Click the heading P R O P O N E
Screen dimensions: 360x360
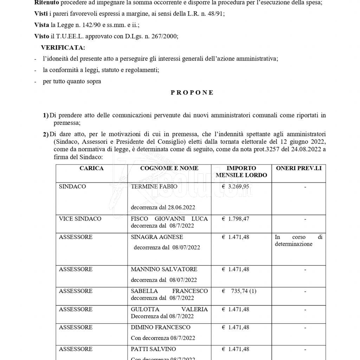coord(192,93)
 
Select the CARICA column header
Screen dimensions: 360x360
coord(91,168)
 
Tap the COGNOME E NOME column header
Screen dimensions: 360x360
coord(169,168)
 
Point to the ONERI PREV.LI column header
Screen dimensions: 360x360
coord(299,168)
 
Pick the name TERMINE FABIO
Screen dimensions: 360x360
coord(154,187)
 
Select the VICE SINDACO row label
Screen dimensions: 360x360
coord(80,219)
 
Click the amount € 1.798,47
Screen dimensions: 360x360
coord(236,219)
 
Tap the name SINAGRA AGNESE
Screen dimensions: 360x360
coord(157,237)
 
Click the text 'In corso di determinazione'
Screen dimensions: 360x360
coord(298,240)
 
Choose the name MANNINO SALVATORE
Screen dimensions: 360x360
coord(164,269)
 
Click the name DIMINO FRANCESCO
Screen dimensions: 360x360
coord(160,327)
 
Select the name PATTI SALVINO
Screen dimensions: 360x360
coord(153,349)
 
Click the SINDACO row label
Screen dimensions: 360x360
coord(72,187)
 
